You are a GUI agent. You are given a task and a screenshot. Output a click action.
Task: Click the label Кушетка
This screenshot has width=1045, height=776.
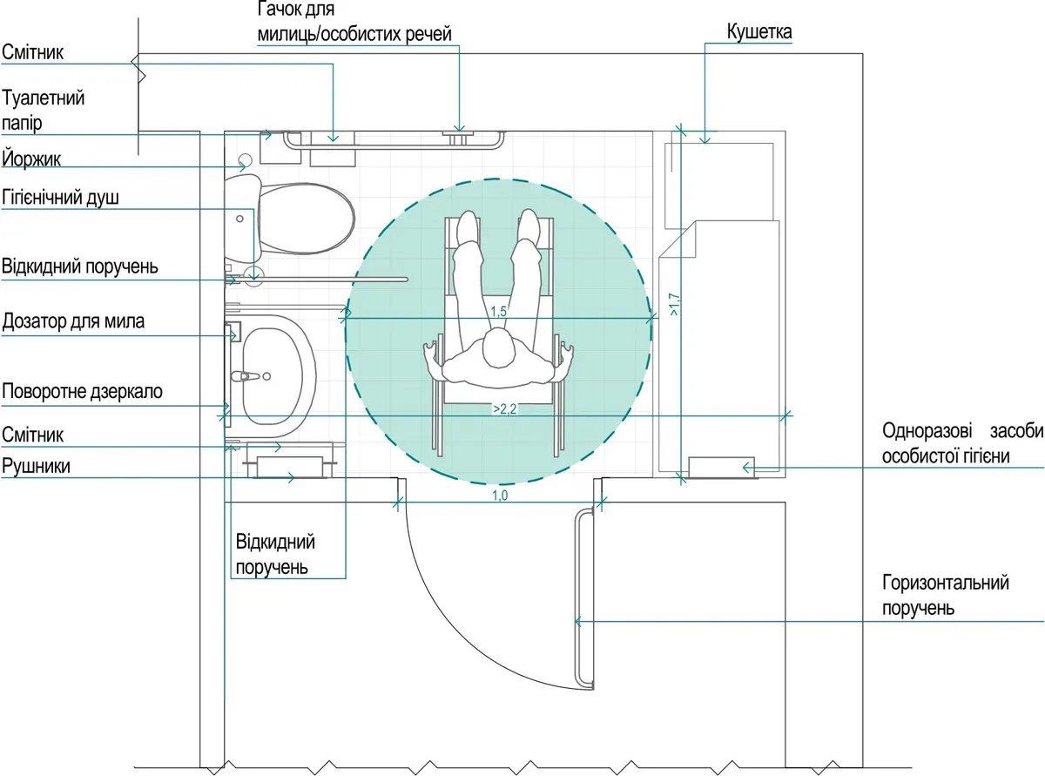[x=759, y=32]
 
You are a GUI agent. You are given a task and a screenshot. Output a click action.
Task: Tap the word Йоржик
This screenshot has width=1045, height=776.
[x=31, y=159]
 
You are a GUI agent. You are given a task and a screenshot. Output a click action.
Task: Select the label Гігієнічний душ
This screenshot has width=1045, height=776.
[x=60, y=197]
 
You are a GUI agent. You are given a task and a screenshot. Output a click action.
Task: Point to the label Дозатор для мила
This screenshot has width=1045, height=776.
[x=73, y=321]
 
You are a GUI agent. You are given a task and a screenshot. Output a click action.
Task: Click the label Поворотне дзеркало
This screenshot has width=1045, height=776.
[x=82, y=391]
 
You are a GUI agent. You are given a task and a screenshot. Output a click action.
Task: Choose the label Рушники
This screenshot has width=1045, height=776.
[x=36, y=466]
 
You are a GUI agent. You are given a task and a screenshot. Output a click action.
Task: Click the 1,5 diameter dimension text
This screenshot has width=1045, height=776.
[x=498, y=311]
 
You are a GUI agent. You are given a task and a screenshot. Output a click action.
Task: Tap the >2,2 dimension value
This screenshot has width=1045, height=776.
[x=504, y=408]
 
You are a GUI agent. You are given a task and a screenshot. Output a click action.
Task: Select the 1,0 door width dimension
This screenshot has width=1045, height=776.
[x=500, y=496]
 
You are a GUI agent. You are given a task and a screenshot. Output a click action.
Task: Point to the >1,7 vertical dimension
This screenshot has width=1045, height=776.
[x=674, y=304]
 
